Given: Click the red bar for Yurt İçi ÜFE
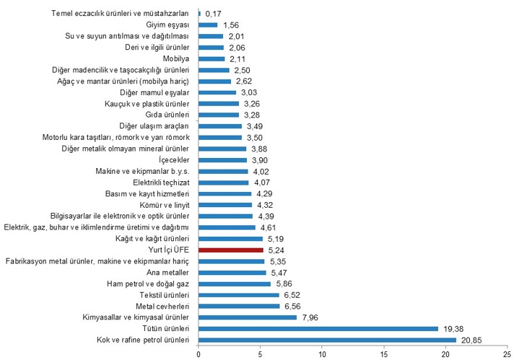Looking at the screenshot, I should [231, 250].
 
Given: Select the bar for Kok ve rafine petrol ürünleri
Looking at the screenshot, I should [327, 340].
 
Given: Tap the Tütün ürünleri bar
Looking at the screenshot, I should [318, 328].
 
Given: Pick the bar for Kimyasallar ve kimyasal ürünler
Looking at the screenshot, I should [248, 317].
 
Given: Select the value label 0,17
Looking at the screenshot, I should [214, 13].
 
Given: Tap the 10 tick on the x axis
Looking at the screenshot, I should [322, 354].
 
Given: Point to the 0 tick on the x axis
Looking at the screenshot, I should [199, 354].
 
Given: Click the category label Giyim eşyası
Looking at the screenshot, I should [167, 25].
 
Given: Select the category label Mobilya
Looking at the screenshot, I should [175, 58].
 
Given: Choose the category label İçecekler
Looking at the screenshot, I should [173, 159].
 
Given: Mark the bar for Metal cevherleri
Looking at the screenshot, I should [239, 306].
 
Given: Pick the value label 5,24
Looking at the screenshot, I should [278, 250].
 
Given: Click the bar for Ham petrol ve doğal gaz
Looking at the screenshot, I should [235, 284].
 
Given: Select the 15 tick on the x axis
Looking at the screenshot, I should [384, 354].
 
